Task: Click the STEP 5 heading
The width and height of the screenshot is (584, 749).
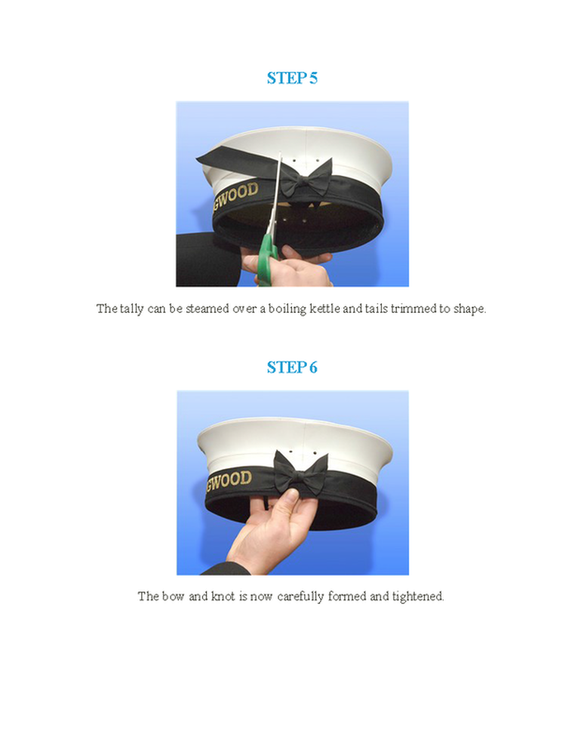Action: click(x=292, y=78)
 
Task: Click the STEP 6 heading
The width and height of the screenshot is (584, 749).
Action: click(x=292, y=368)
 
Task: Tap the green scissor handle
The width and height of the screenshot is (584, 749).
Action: click(x=267, y=260)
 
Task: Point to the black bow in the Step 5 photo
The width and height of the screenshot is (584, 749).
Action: click(x=306, y=179)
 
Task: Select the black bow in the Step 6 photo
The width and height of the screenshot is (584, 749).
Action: click(x=301, y=472)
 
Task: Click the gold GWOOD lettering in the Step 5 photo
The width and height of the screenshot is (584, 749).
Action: click(x=235, y=195)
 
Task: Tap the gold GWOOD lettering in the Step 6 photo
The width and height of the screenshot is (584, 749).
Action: click(x=229, y=480)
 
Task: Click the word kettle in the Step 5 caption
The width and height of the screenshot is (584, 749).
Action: click(x=324, y=309)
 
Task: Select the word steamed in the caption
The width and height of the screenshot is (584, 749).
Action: click(x=207, y=309)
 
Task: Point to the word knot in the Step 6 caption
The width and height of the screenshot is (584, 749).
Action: click(x=223, y=596)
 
